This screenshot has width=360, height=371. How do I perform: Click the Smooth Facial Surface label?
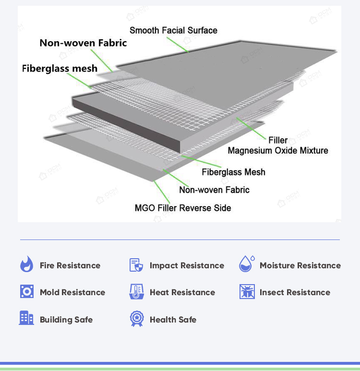(x=173, y=30)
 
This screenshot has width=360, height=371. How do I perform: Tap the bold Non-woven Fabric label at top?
(x=83, y=43)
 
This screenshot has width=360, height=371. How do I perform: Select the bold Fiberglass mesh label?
(x=60, y=68)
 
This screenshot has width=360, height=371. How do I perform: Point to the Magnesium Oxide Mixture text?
(x=278, y=151)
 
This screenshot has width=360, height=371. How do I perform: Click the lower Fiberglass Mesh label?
(x=233, y=172)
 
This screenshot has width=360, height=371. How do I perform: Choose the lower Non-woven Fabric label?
(x=214, y=190)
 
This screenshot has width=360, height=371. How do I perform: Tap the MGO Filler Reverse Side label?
(x=183, y=208)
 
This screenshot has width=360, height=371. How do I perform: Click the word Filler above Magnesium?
(x=278, y=140)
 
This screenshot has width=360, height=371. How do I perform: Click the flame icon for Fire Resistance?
(x=26, y=265)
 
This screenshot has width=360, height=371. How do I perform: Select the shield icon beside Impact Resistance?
(x=136, y=265)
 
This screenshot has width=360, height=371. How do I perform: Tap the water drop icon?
(x=246, y=264)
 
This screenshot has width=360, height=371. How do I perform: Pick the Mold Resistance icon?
(x=26, y=292)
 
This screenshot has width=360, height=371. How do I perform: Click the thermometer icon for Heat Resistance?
(x=136, y=292)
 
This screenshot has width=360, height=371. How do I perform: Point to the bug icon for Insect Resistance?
(x=247, y=292)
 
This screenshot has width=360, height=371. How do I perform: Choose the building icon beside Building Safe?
(x=26, y=318)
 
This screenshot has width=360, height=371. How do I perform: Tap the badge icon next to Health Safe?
(x=136, y=319)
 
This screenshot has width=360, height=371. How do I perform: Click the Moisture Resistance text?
(x=300, y=265)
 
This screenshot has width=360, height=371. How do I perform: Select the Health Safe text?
(x=173, y=320)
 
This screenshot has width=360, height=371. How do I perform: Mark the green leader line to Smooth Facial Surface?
(x=180, y=45)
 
